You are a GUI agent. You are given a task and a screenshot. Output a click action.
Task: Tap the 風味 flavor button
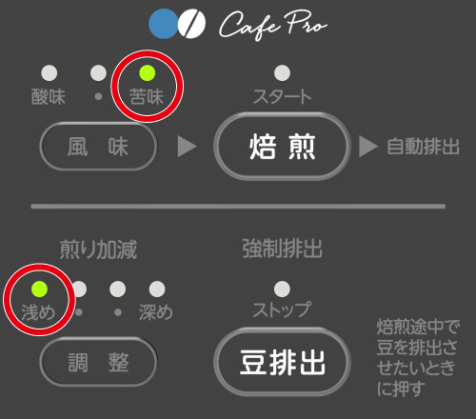98,147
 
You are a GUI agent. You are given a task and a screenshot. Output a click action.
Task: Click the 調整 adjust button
98,362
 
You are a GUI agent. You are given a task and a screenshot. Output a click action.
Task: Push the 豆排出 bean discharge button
282,362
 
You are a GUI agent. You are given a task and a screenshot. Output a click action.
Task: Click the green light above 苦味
148,73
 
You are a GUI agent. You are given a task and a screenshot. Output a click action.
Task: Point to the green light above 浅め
39,289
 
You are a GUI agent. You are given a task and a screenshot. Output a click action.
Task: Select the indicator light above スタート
282,73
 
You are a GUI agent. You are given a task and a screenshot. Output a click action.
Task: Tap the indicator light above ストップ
282,289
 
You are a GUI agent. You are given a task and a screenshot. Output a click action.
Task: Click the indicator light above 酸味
50,73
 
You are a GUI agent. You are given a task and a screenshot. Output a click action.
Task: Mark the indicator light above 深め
157,289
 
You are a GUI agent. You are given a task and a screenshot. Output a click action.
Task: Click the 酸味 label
49,96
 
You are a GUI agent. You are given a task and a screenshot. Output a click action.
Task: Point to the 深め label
155,312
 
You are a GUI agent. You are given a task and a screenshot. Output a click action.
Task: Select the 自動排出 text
423,147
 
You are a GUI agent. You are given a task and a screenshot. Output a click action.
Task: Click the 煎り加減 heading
98,249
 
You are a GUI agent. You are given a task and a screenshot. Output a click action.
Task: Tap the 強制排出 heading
282,249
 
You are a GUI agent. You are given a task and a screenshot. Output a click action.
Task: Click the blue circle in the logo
163,24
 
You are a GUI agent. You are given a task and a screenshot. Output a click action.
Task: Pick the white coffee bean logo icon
191,24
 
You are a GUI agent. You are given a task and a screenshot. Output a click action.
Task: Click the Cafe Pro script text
273,25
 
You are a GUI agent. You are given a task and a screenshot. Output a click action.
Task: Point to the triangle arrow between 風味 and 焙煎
187,147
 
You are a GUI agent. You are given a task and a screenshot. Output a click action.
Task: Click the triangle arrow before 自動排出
368,147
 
